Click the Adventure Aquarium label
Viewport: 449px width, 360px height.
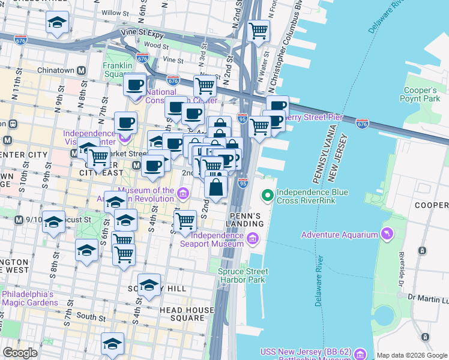pos(340,234)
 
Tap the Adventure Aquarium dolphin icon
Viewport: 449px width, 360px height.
pos(385,233)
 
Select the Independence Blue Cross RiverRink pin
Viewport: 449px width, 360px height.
pos(266,194)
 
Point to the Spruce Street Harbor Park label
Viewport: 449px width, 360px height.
pos(243,275)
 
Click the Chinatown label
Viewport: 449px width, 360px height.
pos(56,70)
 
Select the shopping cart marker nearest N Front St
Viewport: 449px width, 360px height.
pos(259,30)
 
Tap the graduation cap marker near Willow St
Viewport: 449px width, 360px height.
pos(57,23)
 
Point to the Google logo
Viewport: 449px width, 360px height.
pos(20,353)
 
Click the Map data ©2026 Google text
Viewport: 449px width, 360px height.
pos(411,355)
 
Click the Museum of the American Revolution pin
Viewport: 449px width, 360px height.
pos(182,193)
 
